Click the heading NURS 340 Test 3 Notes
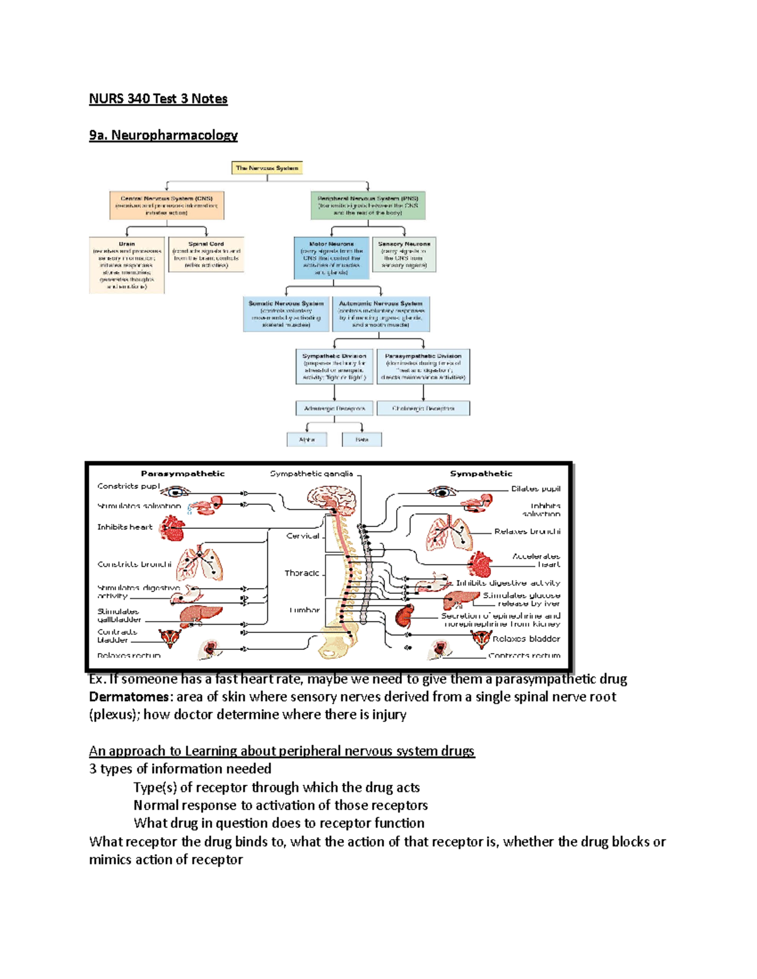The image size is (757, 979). pyautogui.click(x=158, y=98)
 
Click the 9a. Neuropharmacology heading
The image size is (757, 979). pyautogui.click(x=163, y=135)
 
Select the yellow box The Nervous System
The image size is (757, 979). pyautogui.click(x=267, y=168)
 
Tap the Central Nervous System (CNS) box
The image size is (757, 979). pyautogui.click(x=167, y=206)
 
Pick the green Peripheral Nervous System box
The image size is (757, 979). pyautogui.click(x=368, y=206)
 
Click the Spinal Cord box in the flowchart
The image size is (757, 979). pyautogui.click(x=206, y=254)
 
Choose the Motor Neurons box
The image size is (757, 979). pyautogui.click(x=331, y=258)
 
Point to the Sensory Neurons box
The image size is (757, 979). pyautogui.click(x=404, y=254)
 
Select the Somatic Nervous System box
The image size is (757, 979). pyautogui.click(x=286, y=314)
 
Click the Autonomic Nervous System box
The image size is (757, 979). pyautogui.click(x=381, y=314)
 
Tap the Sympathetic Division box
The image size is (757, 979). pyautogui.click(x=334, y=367)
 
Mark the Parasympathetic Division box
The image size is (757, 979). pyautogui.click(x=423, y=367)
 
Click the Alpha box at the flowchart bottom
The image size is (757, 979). pyautogui.click(x=307, y=439)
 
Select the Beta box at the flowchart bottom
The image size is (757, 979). pyautogui.click(x=361, y=439)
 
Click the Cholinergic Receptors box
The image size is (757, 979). pyautogui.click(x=423, y=408)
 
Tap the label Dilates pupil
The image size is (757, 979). pyautogui.click(x=535, y=489)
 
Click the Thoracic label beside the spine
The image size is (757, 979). pyautogui.click(x=302, y=573)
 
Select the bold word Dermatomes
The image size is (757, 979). pyautogui.click(x=129, y=697)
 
